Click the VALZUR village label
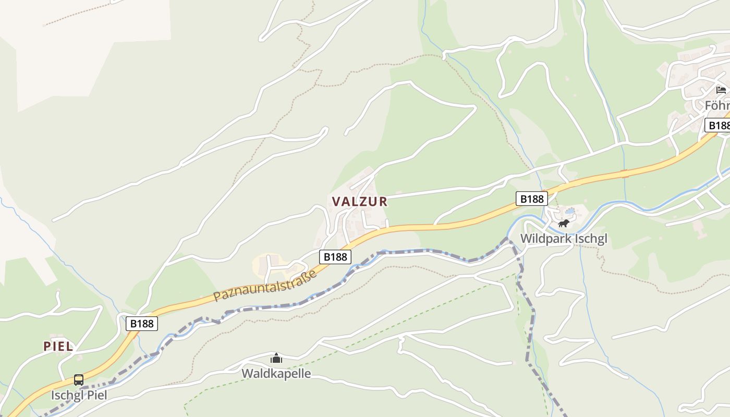360,202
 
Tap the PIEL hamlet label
58,347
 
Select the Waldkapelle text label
276,374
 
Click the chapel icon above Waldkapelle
276,358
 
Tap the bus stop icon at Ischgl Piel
79,380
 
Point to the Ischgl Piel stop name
79,395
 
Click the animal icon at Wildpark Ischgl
563,224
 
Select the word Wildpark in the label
545,239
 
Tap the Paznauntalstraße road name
265,286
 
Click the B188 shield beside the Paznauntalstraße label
335,256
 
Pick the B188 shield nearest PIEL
142,324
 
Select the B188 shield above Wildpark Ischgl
531,199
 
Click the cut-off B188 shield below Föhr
719,126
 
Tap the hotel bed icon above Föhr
721,90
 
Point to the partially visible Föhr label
717,106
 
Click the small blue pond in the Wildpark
569,212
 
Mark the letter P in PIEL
47,347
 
